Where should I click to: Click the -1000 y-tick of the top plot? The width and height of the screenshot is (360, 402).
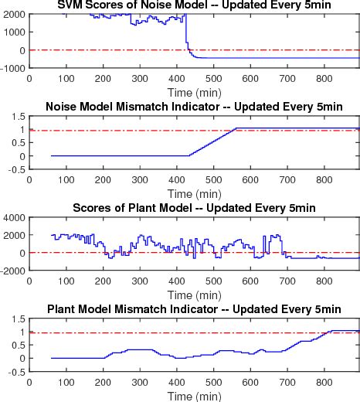[14, 69]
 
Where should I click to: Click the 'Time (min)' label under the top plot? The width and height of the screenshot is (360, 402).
[194, 90]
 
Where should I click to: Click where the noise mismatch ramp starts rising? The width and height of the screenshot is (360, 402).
[189, 155]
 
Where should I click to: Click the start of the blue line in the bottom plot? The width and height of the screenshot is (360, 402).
[52, 358]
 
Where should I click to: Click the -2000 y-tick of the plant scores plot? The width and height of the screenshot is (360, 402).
[14, 271]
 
